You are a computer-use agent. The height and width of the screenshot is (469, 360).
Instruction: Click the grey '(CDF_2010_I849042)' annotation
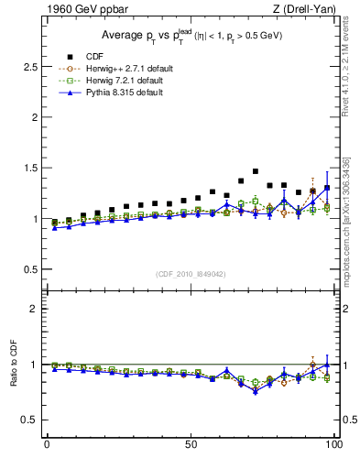[x=191, y=274]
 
